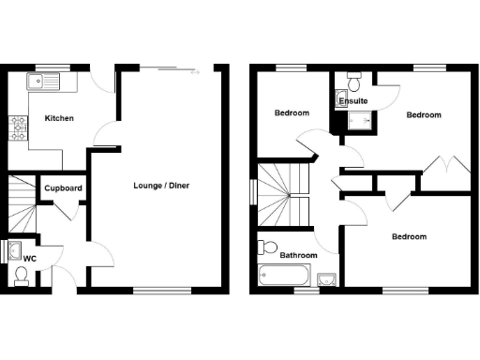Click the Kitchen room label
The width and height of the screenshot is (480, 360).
(x=58, y=118)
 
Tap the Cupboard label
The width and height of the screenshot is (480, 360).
(x=63, y=188)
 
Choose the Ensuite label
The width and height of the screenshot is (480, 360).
(x=353, y=100)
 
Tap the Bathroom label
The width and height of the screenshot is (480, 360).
(x=298, y=255)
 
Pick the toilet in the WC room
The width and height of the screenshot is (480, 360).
(x=21, y=276)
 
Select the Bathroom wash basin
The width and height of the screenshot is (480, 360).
(x=326, y=279)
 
